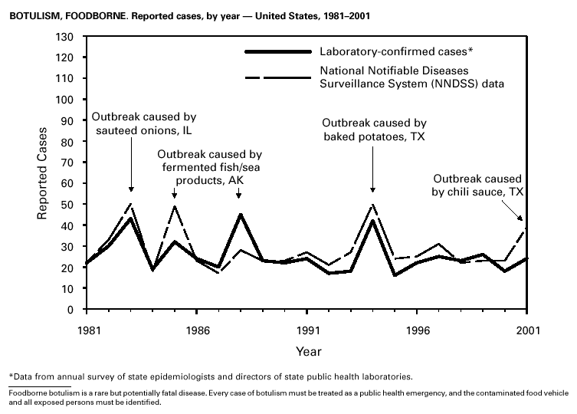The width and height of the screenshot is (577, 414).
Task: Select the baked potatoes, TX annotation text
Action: [373, 130]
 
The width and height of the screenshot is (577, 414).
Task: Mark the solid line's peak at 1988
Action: [241, 215]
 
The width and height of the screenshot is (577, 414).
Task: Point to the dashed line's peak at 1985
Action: [175, 206]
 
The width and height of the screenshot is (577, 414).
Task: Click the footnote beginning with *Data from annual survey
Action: [211, 376]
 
